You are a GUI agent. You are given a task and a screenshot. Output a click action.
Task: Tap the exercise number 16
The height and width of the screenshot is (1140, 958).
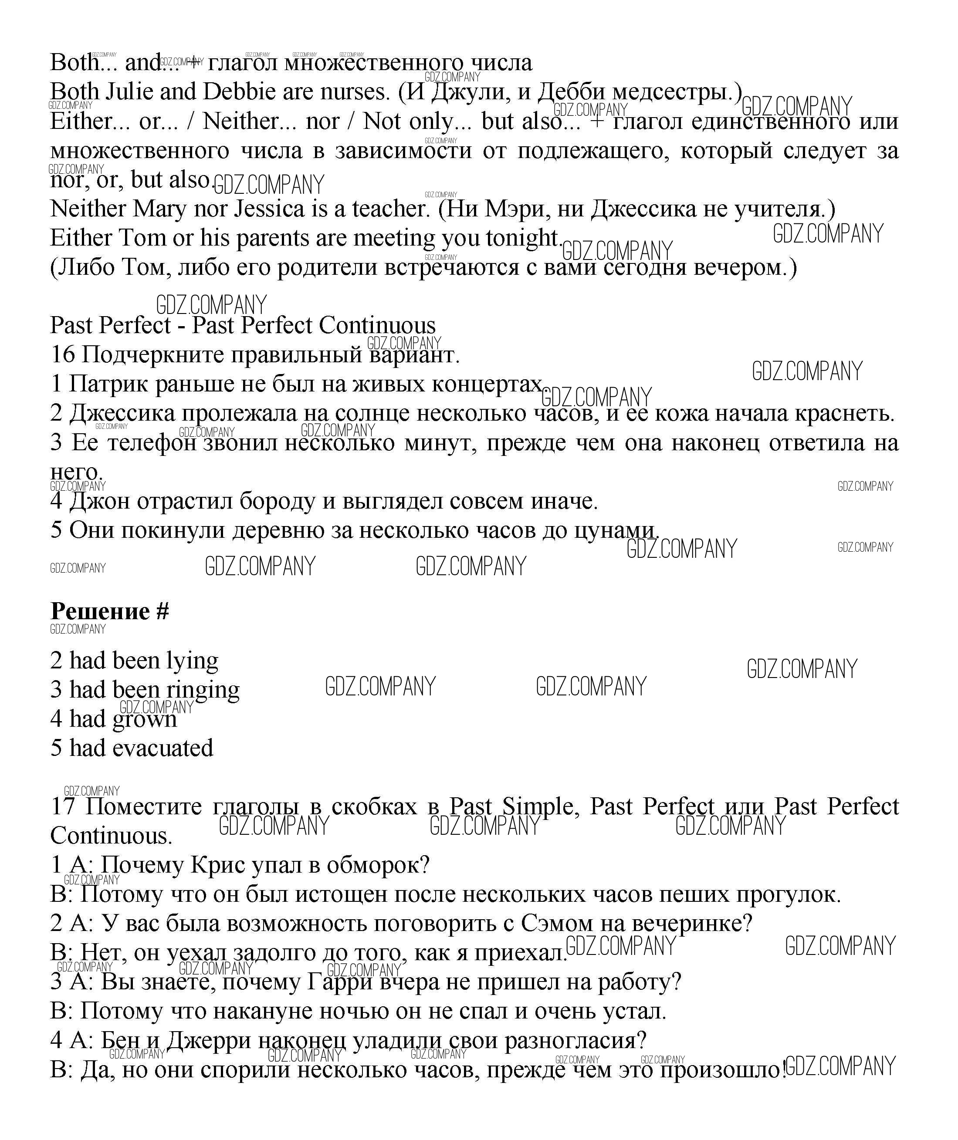tap(62, 354)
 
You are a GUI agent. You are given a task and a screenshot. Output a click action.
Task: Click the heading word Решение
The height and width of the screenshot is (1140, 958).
tap(100, 612)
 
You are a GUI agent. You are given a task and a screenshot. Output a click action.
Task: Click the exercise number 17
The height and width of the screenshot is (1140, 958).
tap(62, 807)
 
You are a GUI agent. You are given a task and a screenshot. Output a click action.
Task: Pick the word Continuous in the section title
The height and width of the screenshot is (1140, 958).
tap(377, 326)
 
